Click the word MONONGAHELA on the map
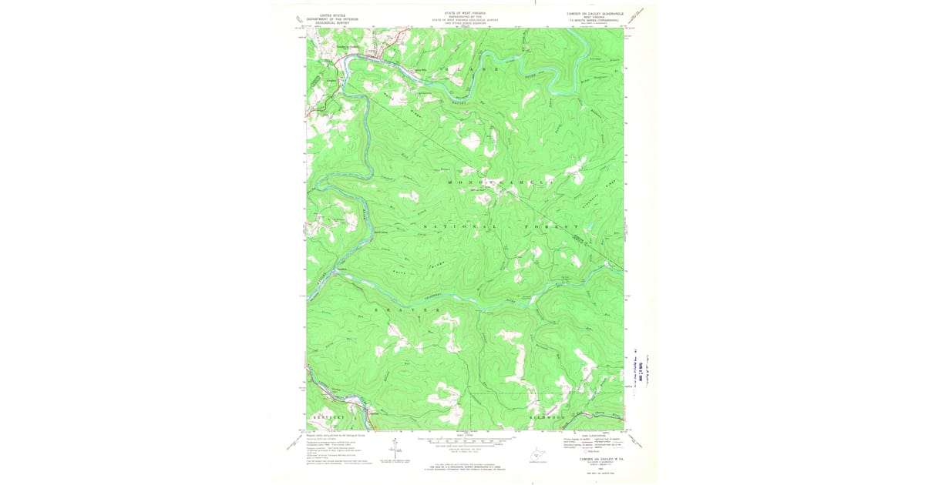click(501, 181)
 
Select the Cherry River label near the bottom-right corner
click(600, 414)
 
